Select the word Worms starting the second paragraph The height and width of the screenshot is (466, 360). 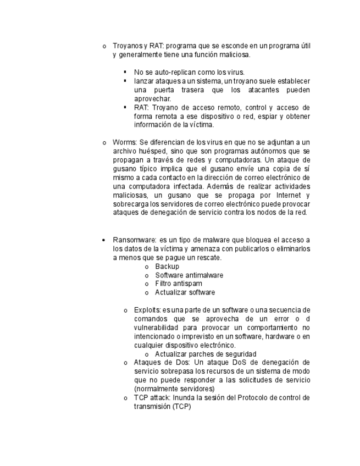pyautogui.click(x=124, y=142)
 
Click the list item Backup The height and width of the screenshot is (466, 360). pyautogui.click(x=167, y=266)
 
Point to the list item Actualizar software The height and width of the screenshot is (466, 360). pyautogui.click(x=185, y=292)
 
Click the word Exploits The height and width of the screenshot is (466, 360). pyautogui.click(x=147, y=310)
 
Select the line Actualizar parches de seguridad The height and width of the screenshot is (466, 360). pyautogui.click(x=206, y=354)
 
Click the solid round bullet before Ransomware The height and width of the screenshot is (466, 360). pyautogui.click(x=104, y=240)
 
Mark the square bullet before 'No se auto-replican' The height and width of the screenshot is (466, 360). pyautogui.click(x=125, y=72)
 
